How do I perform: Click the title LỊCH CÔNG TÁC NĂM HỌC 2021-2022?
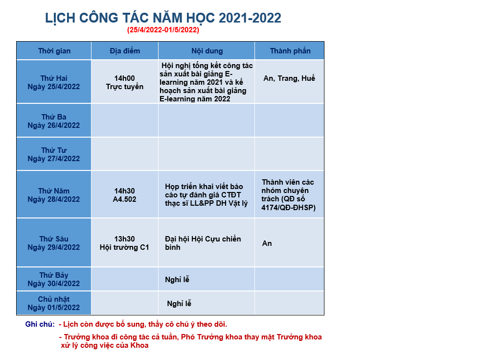[163, 18]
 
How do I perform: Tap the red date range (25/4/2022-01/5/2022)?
[163, 30]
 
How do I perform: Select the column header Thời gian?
[54, 51]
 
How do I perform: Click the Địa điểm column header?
[125, 51]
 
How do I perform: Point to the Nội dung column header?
[207, 51]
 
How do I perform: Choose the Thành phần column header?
[290, 51]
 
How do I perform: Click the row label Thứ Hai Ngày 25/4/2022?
[54, 82]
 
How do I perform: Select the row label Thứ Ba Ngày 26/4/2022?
[54, 121]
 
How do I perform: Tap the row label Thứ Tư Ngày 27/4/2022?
[54, 154]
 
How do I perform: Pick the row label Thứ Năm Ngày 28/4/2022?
[54, 195]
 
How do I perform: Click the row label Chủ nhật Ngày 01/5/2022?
[54, 303]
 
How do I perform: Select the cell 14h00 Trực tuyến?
[125, 82]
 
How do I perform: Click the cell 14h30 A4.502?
[124, 195]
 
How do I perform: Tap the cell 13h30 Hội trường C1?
[124, 243]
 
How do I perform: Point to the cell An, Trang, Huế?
[289, 78]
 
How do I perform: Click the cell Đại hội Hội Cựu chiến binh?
[203, 243]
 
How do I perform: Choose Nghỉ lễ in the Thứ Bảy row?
[177, 280]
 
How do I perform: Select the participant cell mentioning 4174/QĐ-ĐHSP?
[289, 195]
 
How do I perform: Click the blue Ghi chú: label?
[40, 324]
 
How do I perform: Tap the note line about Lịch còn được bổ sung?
[143, 324]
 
